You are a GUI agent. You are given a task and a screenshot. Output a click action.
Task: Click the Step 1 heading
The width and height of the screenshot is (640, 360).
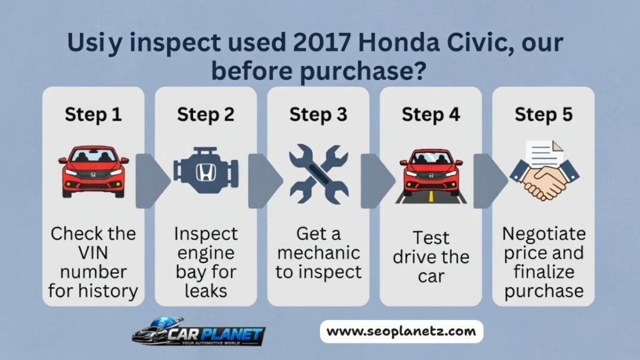93,115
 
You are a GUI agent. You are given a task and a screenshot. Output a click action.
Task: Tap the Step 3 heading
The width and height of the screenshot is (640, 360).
318,115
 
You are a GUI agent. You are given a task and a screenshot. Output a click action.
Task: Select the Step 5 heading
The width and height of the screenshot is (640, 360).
543,115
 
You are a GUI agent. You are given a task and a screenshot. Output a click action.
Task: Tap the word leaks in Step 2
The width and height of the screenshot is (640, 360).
206,291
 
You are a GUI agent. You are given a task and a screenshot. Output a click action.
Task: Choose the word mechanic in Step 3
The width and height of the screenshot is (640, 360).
319,253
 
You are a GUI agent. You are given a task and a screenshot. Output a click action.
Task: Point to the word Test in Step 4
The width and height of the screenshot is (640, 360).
431,238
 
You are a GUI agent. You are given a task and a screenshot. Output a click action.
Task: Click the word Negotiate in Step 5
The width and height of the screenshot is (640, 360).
544,234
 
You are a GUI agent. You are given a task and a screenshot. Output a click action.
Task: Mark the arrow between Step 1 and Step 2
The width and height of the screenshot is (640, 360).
150,181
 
